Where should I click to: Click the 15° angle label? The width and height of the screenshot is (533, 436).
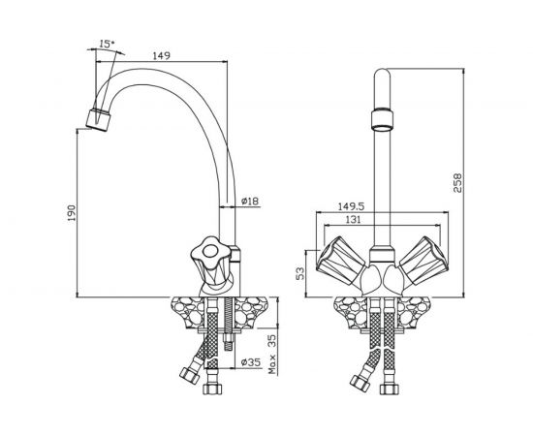click(107, 44)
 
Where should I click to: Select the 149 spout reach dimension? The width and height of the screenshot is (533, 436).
click(161, 55)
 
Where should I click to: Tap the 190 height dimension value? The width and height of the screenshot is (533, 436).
click(71, 213)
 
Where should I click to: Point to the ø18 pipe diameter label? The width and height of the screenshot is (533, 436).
click(250, 202)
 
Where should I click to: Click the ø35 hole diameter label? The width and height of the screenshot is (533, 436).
click(251, 362)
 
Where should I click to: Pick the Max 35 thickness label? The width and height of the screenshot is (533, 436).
click(272, 354)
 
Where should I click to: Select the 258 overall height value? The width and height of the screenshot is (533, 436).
click(457, 183)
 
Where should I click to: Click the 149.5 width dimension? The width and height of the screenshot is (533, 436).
click(351, 206)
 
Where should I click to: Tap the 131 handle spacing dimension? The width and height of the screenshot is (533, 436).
click(353, 220)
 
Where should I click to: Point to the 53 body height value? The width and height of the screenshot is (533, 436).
click(299, 273)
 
